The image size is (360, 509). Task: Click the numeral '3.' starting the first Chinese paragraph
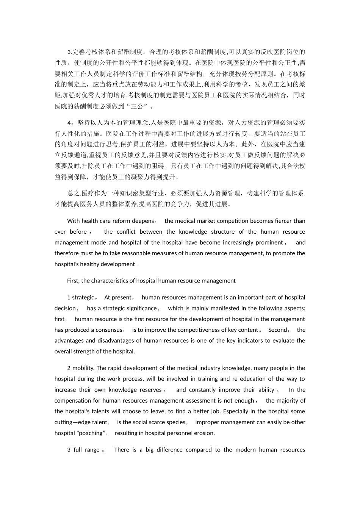pos(69,52)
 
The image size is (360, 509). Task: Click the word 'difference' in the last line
pos(169,450)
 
